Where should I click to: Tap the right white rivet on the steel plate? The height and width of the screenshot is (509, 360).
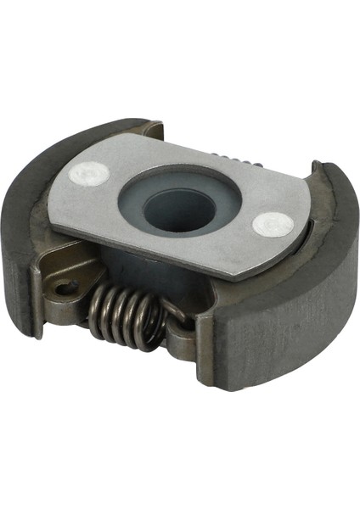tap(273, 225)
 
